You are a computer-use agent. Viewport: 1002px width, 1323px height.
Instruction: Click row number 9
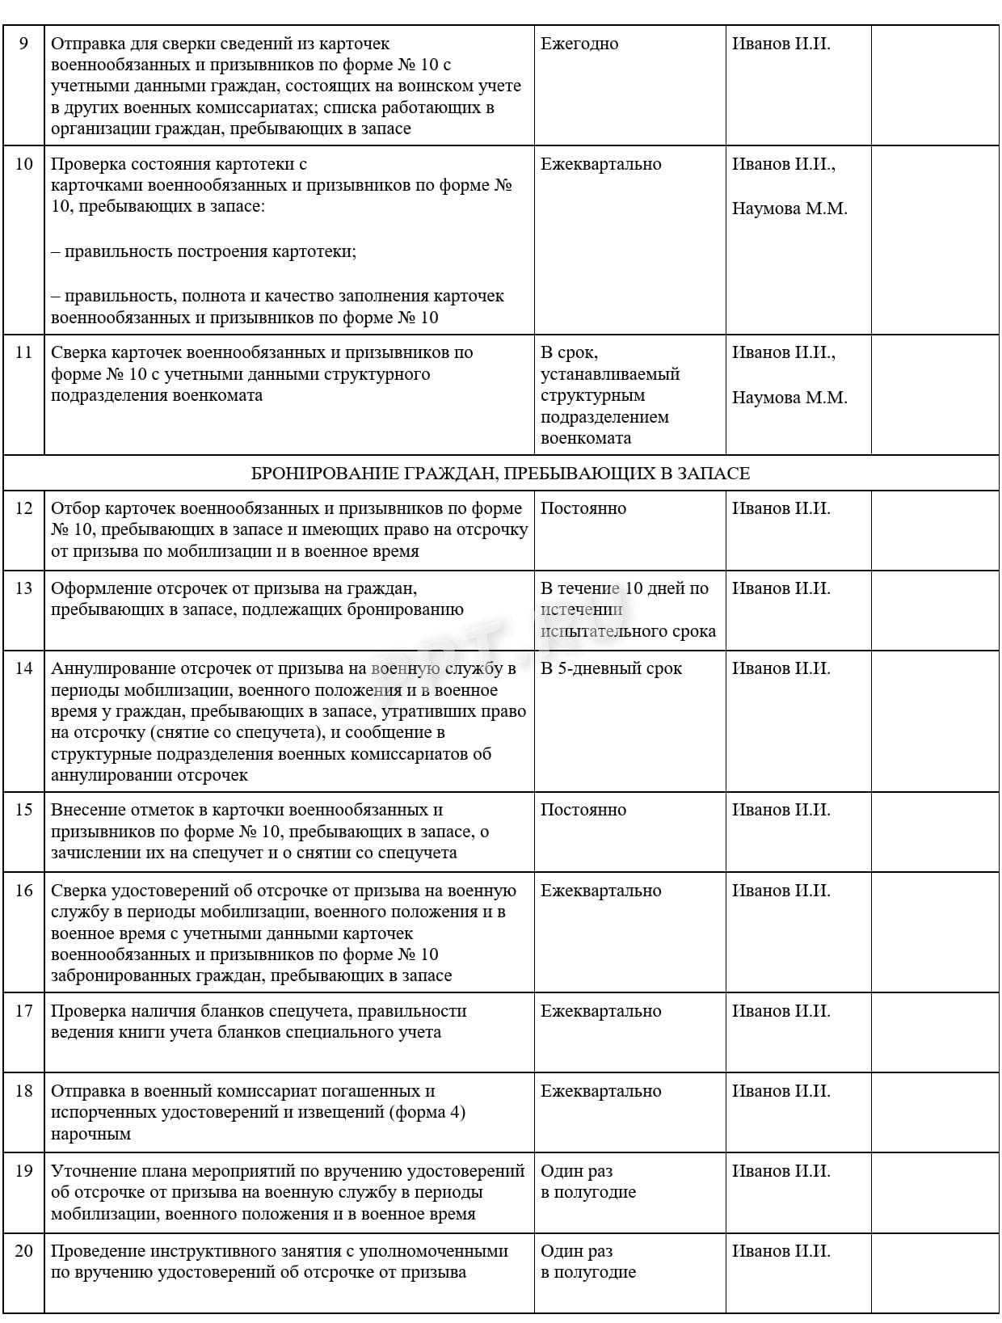[x=23, y=44]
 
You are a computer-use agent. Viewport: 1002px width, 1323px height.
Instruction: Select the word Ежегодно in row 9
[x=579, y=44]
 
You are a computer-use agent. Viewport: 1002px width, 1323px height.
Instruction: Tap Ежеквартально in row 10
[x=600, y=164]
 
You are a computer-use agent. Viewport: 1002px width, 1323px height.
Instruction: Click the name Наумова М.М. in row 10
[x=789, y=209]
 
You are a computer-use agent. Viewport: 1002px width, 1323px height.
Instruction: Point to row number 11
[x=23, y=352]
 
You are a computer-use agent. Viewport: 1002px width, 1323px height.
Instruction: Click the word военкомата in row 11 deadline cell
[x=586, y=438]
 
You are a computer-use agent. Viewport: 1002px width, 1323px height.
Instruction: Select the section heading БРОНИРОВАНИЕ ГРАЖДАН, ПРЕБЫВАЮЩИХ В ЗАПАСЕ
[x=500, y=474]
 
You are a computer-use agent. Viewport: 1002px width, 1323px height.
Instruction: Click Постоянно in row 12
[x=583, y=508]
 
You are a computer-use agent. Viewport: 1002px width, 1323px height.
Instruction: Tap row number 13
[x=23, y=588]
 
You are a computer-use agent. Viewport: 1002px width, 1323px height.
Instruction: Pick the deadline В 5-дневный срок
[x=611, y=668]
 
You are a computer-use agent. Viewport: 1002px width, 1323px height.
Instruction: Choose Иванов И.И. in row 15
[x=781, y=810]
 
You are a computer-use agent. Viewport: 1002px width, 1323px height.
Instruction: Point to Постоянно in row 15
[x=583, y=810]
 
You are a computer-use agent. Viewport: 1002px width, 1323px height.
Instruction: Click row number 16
[x=23, y=891]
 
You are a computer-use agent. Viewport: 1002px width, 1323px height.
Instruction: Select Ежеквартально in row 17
[x=600, y=1011]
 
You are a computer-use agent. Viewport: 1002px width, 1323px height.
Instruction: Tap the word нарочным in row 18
[x=91, y=1134]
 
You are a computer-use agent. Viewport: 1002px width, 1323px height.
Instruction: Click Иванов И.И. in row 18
[x=781, y=1091]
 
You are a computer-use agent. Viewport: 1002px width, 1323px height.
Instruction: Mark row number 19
[x=23, y=1171]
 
